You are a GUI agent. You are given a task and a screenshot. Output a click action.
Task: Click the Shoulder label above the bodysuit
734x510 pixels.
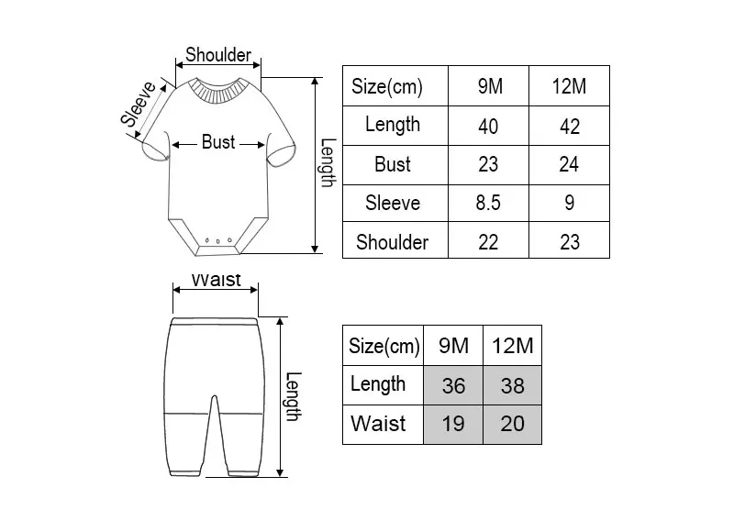pyautogui.click(x=218, y=55)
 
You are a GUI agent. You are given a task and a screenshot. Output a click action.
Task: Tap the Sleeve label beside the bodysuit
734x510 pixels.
pyautogui.click(x=139, y=104)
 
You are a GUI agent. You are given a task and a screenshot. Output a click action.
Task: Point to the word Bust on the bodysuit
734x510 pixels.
pyautogui.click(x=218, y=142)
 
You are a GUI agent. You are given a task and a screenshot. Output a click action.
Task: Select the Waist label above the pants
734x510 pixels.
pyautogui.click(x=217, y=280)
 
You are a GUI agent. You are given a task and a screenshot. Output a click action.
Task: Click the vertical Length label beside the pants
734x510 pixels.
pyautogui.click(x=294, y=396)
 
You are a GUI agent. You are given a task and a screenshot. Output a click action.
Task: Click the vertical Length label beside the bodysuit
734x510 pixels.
pyautogui.click(x=328, y=163)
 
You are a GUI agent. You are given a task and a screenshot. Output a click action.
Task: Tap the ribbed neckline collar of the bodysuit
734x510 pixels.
pyautogui.click(x=218, y=89)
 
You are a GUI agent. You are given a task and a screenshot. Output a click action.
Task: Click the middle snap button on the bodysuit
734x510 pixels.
pyautogui.click(x=218, y=241)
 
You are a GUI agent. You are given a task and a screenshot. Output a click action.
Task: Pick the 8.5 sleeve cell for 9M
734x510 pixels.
pyautogui.click(x=488, y=203)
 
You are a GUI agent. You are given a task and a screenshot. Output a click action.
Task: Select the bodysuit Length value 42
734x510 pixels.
pyautogui.click(x=570, y=127)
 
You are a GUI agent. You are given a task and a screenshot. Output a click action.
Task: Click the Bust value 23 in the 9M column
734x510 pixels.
pyautogui.click(x=488, y=165)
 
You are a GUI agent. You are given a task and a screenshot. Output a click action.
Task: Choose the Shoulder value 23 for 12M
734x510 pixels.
pyautogui.click(x=570, y=242)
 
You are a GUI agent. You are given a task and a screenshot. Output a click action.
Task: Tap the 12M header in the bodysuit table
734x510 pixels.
pyautogui.click(x=569, y=86)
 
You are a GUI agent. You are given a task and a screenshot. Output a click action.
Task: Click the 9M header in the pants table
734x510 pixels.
pyautogui.click(x=453, y=346)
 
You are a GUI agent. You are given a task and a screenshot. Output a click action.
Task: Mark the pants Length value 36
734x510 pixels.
pyautogui.click(x=453, y=386)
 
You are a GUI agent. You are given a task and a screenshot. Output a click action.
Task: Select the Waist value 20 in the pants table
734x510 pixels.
pyautogui.click(x=513, y=424)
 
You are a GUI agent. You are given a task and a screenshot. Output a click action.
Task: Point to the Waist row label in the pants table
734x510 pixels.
pyautogui.click(x=378, y=424)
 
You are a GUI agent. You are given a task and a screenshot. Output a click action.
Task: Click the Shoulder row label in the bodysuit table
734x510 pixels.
pyautogui.click(x=393, y=242)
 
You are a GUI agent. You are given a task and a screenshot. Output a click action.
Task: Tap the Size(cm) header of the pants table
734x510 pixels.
pyautogui.click(x=384, y=346)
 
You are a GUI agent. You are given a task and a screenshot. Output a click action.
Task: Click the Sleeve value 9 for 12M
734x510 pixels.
pyautogui.click(x=569, y=203)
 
